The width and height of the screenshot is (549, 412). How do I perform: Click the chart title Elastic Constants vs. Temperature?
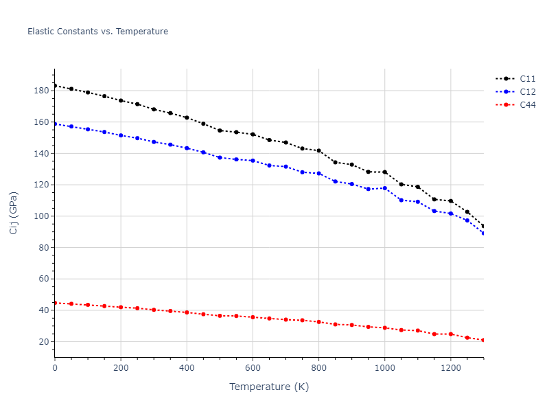tap(97, 32)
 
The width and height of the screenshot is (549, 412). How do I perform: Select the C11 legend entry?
tap(527, 79)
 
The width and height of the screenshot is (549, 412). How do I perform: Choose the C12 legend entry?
tap(527, 92)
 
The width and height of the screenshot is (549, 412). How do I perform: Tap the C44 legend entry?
tap(527, 105)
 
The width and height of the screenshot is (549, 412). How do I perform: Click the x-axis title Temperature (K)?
tap(269, 387)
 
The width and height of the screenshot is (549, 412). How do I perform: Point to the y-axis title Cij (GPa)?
tap(14, 213)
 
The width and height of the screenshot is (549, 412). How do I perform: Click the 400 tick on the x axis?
tap(187, 368)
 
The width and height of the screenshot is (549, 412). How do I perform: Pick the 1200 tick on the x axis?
tap(450, 368)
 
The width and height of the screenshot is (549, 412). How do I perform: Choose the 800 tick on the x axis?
tap(318, 368)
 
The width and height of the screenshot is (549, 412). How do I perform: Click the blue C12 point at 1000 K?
tap(384, 188)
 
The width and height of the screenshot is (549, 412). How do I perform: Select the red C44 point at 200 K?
tap(121, 307)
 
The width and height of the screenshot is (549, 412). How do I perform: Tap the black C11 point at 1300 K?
tap(483, 226)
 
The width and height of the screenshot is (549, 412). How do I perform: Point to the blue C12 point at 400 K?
tap(187, 148)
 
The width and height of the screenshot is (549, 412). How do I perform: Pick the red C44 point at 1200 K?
tap(450, 334)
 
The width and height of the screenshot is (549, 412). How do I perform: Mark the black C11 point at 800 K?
tap(318, 150)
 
